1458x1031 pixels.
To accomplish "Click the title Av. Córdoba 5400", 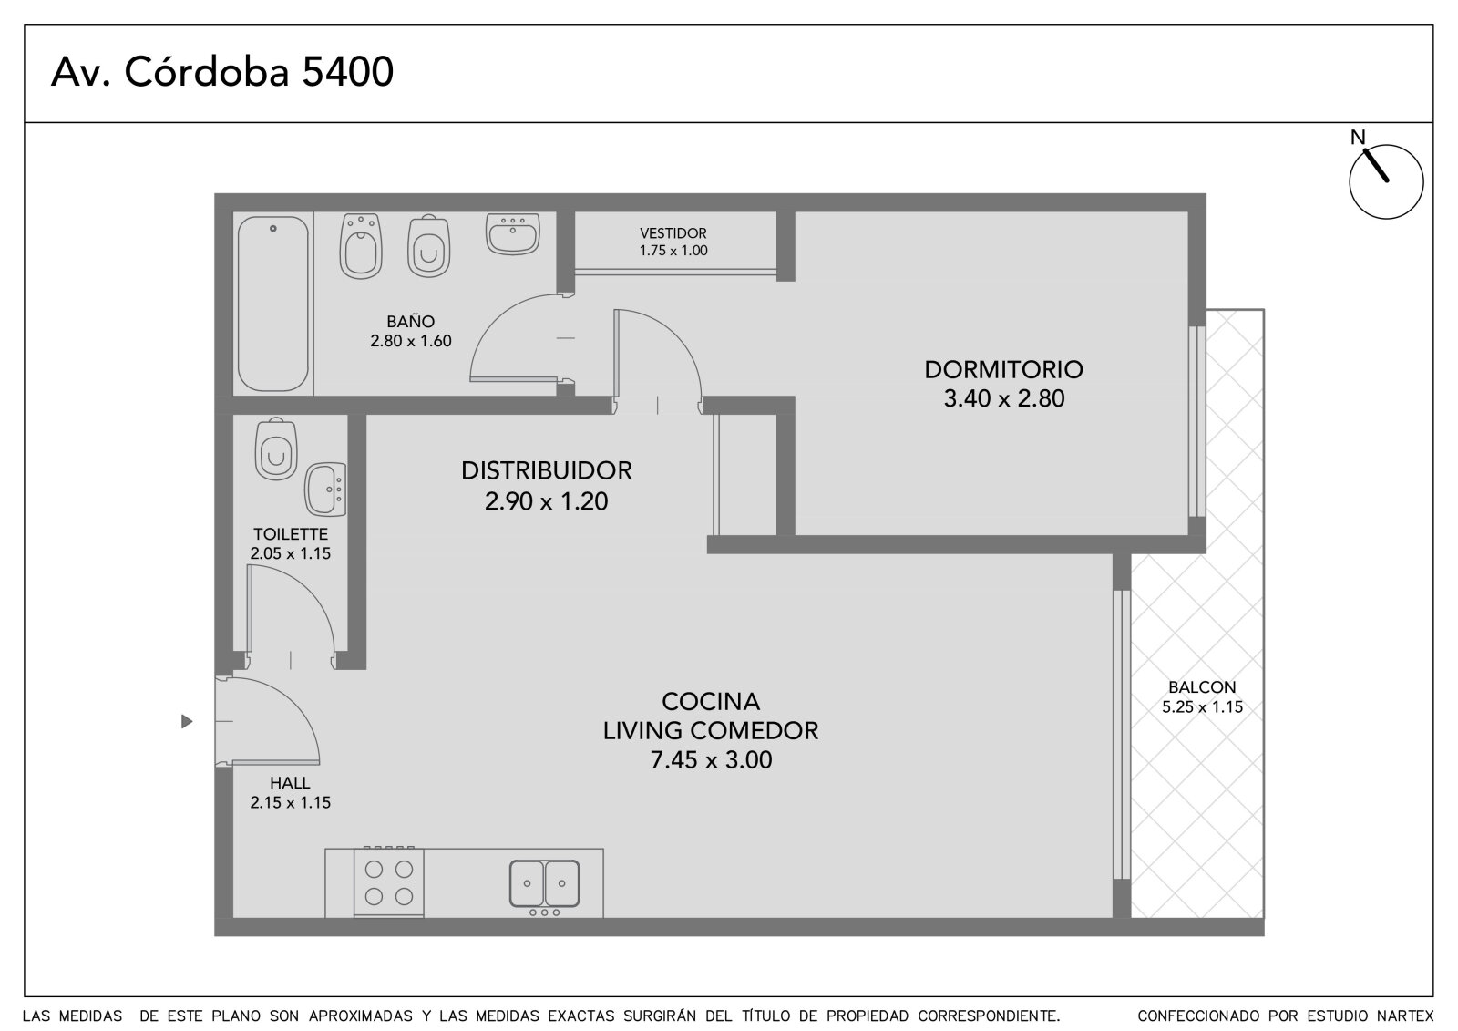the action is click(222, 72).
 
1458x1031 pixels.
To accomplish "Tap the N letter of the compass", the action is click(1357, 138).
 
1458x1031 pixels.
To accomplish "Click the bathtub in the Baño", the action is click(272, 304).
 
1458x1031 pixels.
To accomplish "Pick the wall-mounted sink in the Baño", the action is click(513, 233).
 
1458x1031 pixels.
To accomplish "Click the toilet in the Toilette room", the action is click(276, 448).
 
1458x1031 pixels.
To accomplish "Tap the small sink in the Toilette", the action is click(325, 490).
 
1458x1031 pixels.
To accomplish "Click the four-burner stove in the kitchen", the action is click(388, 882).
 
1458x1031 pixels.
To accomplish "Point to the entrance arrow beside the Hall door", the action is click(187, 722).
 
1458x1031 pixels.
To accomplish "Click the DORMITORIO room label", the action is click(1003, 369).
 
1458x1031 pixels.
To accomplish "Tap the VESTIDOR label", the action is click(673, 233).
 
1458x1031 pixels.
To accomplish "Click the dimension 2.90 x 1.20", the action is click(546, 500).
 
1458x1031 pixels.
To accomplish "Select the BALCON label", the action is click(1202, 687).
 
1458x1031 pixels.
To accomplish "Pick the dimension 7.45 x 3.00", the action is click(711, 759).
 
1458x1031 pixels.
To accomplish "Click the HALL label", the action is click(290, 783).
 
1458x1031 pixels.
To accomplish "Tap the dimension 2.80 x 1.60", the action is click(411, 341).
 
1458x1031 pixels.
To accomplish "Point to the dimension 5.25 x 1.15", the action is click(1202, 706).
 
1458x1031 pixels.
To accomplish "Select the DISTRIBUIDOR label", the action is click(547, 470).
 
